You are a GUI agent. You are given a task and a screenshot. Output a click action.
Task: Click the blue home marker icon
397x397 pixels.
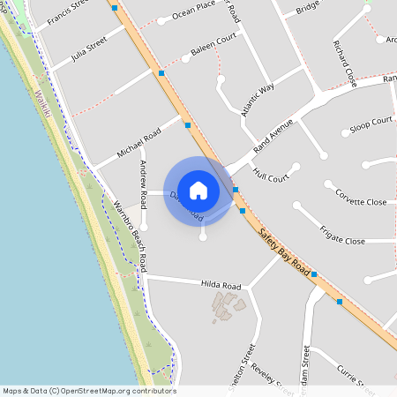pos(198,191)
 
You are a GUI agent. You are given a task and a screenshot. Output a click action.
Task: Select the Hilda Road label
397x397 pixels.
pos(221,286)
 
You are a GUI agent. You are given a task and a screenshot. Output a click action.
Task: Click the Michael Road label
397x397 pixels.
pos(138,143)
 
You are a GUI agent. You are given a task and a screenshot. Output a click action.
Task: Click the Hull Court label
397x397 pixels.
pos(271,176)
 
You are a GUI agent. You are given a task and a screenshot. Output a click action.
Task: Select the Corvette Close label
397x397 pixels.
pos(360,202)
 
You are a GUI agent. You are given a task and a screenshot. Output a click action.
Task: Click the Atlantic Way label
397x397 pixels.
pos(258,100)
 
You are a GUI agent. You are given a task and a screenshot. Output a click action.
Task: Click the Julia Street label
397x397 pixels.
pos(90,48)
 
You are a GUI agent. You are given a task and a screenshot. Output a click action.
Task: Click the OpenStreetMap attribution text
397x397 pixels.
pos(88,391)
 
